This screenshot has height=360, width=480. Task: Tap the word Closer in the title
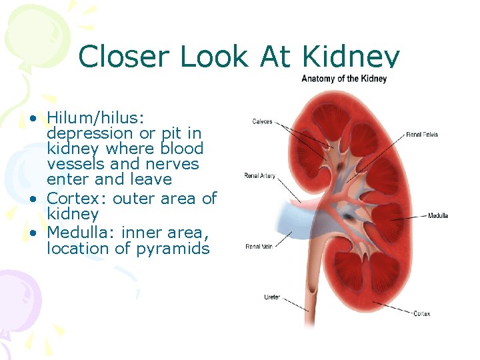click(x=125, y=57)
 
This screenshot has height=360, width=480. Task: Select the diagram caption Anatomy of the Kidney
click(x=344, y=79)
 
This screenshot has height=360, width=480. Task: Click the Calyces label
click(x=262, y=121)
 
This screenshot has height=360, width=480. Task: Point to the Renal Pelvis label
click(x=422, y=135)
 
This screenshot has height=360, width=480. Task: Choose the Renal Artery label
click(x=260, y=176)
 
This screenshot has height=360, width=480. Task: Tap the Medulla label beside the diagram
click(x=437, y=215)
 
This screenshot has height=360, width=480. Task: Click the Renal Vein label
click(x=259, y=246)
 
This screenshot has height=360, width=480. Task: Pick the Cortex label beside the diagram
click(x=421, y=313)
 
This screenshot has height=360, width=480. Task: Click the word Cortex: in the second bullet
click(x=77, y=199)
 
